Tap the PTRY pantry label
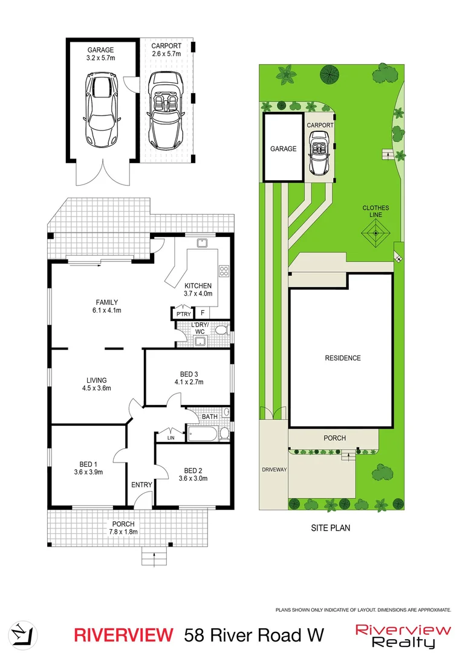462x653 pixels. [x=183, y=314]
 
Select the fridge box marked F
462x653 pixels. [x=203, y=313]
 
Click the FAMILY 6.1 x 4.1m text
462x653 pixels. [x=106, y=307]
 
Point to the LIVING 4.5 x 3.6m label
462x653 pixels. [x=96, y=384]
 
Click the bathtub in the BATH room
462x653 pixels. [x=203, y=434]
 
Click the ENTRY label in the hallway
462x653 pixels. [x=142, y=485]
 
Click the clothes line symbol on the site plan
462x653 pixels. [x=376, y=232]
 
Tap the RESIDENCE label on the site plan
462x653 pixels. [x=342, y=358]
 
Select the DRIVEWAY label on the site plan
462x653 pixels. [x=274, y=469]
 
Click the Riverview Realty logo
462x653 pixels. [x=403, y=635]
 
